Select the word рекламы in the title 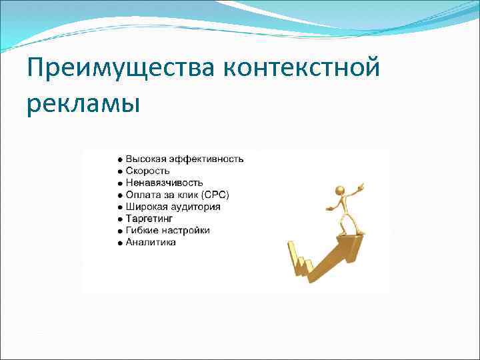(x=84, y=105)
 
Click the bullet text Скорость (x=147, y=171)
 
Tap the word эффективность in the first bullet (x=206, y=159)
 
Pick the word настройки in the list (x=185, y=230)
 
